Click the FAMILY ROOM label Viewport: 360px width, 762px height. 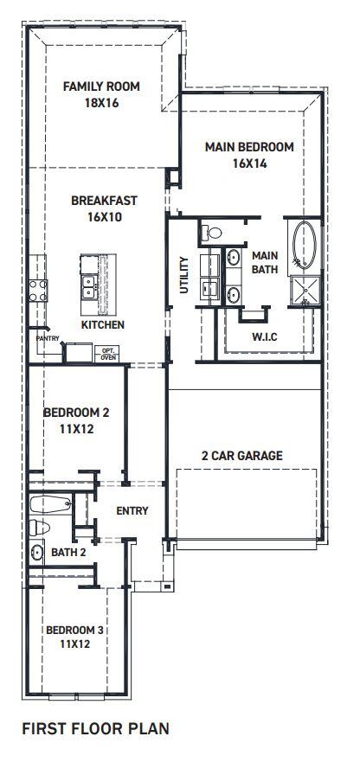(x=101, y=86)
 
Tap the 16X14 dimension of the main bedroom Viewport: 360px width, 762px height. (x=248, y=162)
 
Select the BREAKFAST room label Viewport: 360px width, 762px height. (x=104, y=201)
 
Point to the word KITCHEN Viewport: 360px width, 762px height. (x=103, y=325)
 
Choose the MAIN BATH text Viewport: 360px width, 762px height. (x=263, y=263)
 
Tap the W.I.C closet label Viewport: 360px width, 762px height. (x=264, y=336)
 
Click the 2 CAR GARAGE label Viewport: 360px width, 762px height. (x=242, y=456)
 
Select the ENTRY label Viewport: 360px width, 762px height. (x=132, y=511)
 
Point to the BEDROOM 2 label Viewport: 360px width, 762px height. (x=76, y=413)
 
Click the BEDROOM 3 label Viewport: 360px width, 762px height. (x=74, y=631)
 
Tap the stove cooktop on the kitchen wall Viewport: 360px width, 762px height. (x=37, y=290)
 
